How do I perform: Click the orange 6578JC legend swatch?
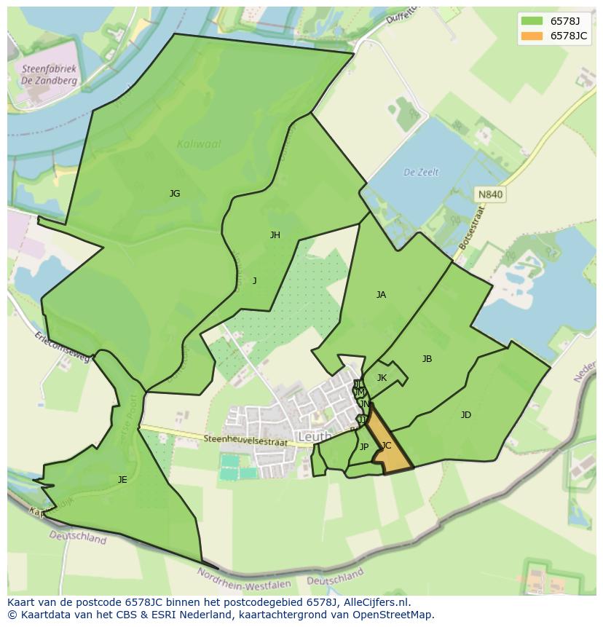[x=532, y=36]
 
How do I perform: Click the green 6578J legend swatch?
[x=532, y=21]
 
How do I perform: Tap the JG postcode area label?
[x=175, y=194]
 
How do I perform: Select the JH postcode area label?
[x=275, y=235]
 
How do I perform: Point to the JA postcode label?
[x=381, y=295]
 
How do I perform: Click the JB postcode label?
[x=427, y=359]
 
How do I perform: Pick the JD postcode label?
[x=465, y=415]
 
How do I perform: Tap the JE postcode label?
[x=122, y=480]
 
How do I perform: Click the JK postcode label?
[x=382, y=378]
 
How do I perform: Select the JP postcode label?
[x=364, y=447]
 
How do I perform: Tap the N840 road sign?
[x=489, y=194]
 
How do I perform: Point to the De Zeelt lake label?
[x=422, y=173]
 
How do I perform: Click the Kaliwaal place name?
[x=199, y=144]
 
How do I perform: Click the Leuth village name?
[x=315, y=437]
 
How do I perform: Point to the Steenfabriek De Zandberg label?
[x=49, y=75]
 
